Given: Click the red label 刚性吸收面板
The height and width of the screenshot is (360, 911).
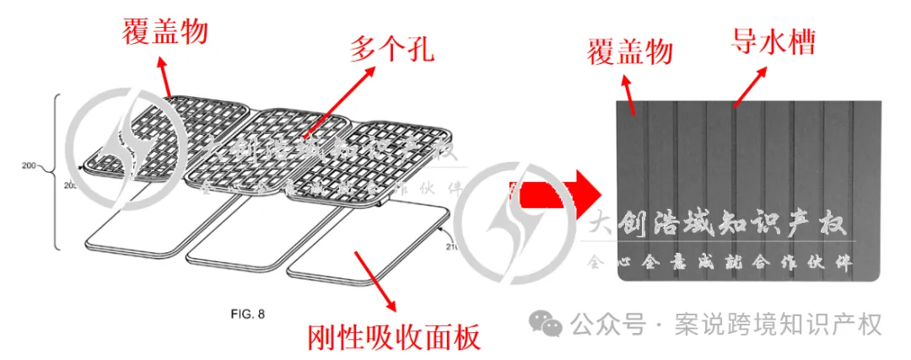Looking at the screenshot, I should coord(393,338).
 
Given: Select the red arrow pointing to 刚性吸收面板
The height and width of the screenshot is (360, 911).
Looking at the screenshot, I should coord(372,282).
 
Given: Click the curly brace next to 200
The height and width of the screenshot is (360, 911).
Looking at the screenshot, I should coord(58,173).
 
